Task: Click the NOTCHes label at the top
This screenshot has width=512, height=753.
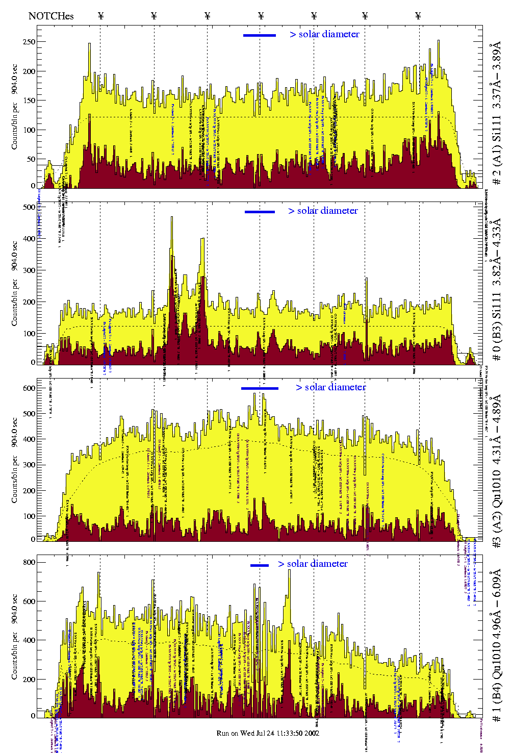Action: pos(51,16)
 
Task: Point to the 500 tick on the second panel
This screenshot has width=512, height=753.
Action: pos(29,207)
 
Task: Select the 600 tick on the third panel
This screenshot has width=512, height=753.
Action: pos(29,388)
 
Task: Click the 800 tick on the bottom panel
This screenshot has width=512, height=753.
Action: pos(29,562)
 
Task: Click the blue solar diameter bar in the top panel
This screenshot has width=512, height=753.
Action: pos(260,35)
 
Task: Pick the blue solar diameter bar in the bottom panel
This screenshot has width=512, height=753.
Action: pos(260,565)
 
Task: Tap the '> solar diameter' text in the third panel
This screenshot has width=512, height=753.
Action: pos(331,387)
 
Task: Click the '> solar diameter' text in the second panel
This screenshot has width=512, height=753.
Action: pos(323,211)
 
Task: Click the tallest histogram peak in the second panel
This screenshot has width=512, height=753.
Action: pos(172,218)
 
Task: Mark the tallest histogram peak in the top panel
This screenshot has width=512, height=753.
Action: pos(439,42)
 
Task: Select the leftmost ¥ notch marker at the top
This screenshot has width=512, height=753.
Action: pos(100,16)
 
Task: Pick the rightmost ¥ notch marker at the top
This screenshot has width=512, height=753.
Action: pos(418,16)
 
